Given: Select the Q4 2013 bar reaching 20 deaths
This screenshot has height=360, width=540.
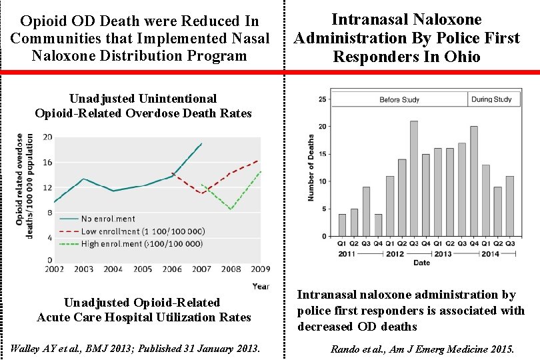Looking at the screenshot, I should [474, 181].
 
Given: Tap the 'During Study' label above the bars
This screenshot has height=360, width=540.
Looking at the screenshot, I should [491, 99].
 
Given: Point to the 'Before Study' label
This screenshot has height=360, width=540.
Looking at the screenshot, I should [399, 99].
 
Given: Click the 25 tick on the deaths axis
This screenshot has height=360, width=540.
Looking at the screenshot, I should [323, 99].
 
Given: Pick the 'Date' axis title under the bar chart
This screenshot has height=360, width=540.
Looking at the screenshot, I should [421, 263].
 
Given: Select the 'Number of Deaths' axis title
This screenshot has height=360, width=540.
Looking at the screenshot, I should [311, 167].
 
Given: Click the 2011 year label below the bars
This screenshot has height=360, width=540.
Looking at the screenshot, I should [347, 253].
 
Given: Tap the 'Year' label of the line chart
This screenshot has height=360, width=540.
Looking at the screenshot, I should [261, 286].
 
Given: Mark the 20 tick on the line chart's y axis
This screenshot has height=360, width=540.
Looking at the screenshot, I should [48, 137].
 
